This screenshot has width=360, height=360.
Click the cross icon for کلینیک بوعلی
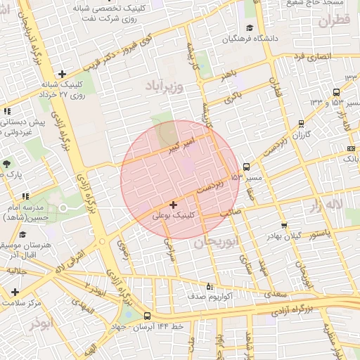pos(173,204)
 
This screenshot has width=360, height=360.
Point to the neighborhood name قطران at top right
pos(333,21)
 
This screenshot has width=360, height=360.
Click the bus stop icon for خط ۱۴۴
pos(147,316)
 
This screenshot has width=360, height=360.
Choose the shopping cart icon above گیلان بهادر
pos(283,226)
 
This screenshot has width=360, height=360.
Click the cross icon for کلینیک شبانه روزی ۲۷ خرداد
pos(63,74)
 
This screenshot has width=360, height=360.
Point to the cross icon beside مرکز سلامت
pos(14,291)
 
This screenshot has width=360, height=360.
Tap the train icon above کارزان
pos(301,122)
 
